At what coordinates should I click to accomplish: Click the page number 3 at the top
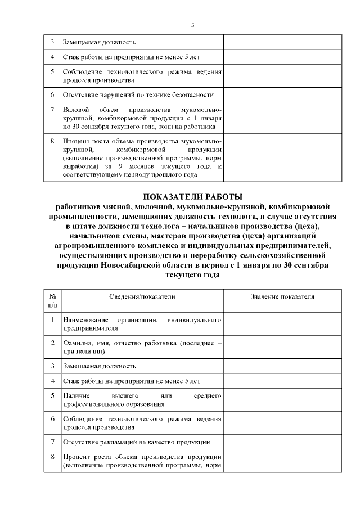[192, 25]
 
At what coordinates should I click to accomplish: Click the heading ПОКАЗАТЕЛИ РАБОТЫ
[192, 196]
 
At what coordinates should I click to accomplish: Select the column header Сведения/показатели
[142, 296]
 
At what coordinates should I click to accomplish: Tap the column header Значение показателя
[282, 296]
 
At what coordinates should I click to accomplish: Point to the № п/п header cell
[52, 300]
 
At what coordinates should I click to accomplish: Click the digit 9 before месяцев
[132, 167]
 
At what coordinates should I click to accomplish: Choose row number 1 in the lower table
[52, 319]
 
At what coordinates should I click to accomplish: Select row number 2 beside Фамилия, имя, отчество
[52, 343]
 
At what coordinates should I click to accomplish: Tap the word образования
[146, 404]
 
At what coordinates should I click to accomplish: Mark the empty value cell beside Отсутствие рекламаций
[282, 442]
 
